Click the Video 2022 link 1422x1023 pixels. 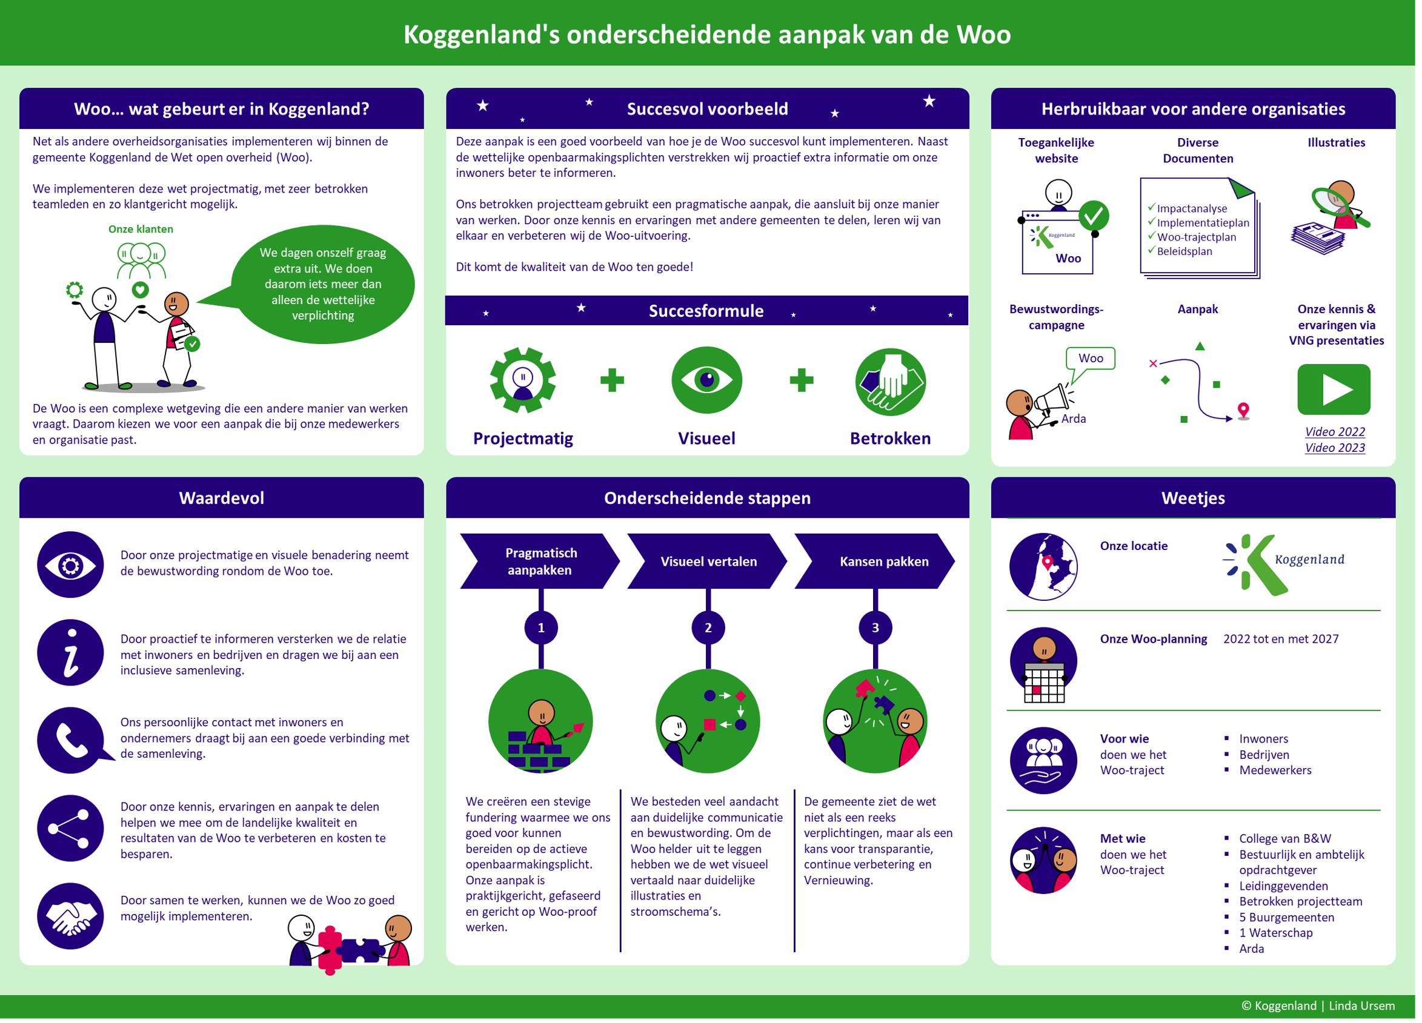pos(1335,432)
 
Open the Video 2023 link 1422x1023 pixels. pos(1335,448)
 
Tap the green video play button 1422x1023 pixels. pos(1334,389)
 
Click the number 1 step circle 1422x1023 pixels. pos(541,627)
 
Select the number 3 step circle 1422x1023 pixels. pos(875,627)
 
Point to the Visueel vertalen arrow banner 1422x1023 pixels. pos(708,561)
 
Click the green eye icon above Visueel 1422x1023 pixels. pos(706,380)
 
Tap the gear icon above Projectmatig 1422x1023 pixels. pos(523,380)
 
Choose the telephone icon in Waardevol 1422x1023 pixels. pos(71,740)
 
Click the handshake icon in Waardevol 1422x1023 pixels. pos(71,916)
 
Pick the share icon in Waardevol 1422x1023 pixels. pos(71,828)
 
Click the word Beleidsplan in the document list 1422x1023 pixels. pos(1184,251)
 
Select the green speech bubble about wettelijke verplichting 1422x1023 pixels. pos(323,284)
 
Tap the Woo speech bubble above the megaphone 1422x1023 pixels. pos(1091,359)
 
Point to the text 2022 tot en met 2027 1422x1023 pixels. pos(1281,639)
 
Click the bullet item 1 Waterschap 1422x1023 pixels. pos(1275,933)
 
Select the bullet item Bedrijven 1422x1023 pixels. pos(1264,755)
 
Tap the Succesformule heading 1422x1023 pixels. pos(706,311)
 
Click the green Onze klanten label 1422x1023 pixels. pos(141,230)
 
